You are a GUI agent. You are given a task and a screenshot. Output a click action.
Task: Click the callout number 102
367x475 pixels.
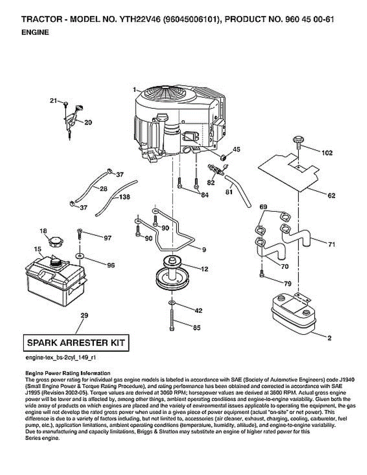(327, 153)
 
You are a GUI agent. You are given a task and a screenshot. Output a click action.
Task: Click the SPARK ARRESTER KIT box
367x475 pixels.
(76, 342)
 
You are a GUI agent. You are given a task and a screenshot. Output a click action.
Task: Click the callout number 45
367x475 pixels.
(236, 150)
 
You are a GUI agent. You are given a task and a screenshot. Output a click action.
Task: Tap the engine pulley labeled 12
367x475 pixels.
(171, 273)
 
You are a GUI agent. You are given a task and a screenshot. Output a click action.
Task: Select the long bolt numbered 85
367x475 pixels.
(171, 319)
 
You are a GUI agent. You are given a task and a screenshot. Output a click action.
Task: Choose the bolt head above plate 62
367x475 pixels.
(298, 141)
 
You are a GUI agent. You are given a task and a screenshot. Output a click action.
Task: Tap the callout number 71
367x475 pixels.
(331, 245)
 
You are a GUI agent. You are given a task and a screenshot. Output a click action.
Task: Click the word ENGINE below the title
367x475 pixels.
(35, 33)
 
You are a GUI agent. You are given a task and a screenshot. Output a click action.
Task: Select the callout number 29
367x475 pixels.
(84, 315)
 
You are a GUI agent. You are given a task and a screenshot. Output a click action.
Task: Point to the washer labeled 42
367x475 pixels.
(171, 303)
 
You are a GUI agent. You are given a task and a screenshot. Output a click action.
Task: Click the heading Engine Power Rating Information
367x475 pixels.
(68, 373)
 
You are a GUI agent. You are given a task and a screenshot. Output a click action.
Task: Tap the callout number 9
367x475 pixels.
(204, 250)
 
